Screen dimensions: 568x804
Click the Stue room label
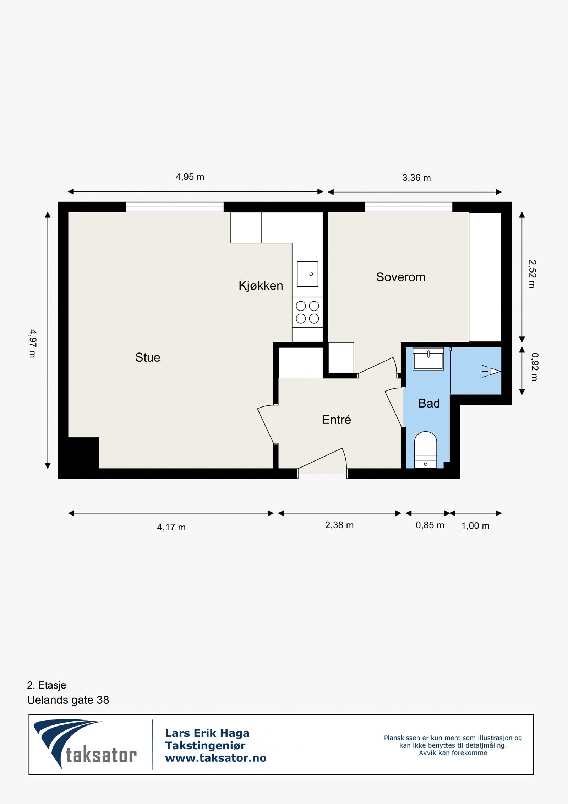pyautogui.click(x=148, y=357)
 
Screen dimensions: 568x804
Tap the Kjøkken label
pyautogui.click(x=261, y=286)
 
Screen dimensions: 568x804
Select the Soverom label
pyautogui.click(x=401, y=277)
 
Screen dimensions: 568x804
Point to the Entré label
pyautogui.click(x=337, y=420)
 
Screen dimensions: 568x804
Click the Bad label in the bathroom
pyautogui.click(x=429, y=403)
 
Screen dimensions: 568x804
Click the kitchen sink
pyautogui.click(x=307, y=274)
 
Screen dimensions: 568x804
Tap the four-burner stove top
pyautogui.click(x=307, y=312)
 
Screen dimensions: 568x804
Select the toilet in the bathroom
pyautogui.click(x=426, y=450)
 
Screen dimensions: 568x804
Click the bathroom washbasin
pyautogui.click(x=428, y=359)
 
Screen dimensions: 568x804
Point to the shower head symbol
pyautogui.click(x=491, y=371)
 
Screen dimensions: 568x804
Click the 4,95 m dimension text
pyautogui.click(x=190, y=177)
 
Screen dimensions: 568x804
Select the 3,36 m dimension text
pyautogui.click(x=416, y=178)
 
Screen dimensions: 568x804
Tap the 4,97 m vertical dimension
pyautogui.click(x=33, y=343)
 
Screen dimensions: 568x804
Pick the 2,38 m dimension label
pyautogui.click(x=339, y=525)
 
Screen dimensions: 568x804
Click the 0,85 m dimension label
pyautogui.click(x=430, y=525)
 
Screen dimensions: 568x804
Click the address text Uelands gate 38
pyautogui.click(x=68, y=700)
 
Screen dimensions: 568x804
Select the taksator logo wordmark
pyautogui.click(x=101, y=755)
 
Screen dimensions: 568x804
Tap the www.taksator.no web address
pyautogui.click(x=216, y=758)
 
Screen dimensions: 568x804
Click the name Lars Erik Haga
pyautogui.click(x=207, y=733)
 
